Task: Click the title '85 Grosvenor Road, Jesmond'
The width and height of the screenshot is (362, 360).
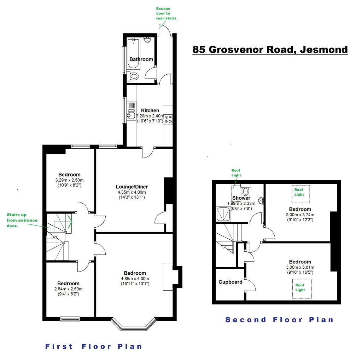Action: coord(270,49)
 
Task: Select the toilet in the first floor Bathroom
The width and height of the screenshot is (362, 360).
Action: coord(134,76)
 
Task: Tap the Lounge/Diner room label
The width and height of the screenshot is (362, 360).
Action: coord(132,187)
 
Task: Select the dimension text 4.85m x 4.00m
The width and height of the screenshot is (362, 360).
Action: coord(135,278)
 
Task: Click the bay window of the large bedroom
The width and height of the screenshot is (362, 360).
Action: coord(134,324)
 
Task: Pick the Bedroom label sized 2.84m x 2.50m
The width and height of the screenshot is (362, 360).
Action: coord(69,283)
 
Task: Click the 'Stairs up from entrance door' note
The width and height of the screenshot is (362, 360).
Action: coord(21,220)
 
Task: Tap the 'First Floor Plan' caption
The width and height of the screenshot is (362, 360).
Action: coord(94,346)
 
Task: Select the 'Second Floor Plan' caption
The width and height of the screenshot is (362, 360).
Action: coord(279,320)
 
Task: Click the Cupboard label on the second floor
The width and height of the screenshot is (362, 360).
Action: coord(230,282)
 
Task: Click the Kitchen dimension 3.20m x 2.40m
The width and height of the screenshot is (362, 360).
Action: coord(150,116)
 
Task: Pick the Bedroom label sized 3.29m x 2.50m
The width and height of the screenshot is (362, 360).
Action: coord(69,174)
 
